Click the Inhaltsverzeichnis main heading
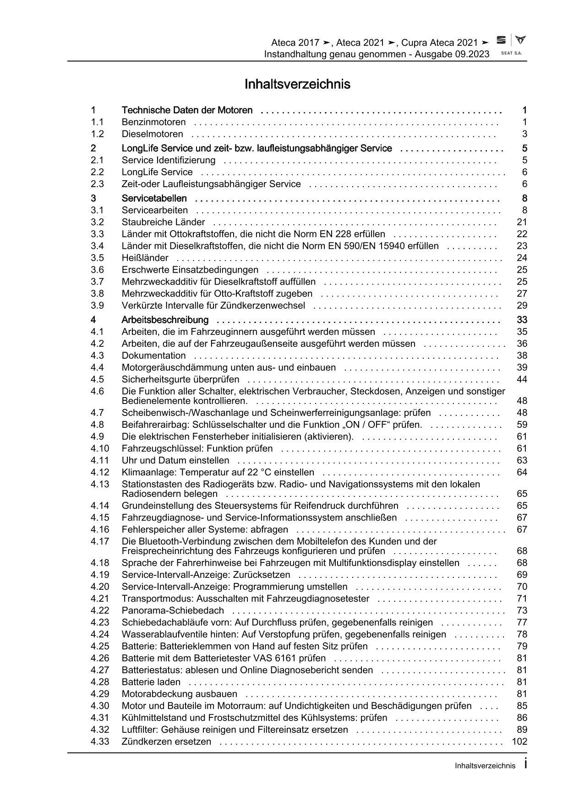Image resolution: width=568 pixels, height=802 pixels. pyautogui.click(x=297, y=85)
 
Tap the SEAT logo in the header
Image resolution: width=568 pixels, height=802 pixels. pyautogui.click(x=502, y=41)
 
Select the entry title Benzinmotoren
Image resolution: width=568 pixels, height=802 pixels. pyautogui.click(x=153, y=122)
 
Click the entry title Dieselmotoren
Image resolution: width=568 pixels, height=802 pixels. pyautogui.click(x=152, y=134)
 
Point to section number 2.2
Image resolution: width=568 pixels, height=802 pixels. pyautogui.click(x=97, y=172)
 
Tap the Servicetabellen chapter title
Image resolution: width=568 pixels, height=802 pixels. pyautogui.click(x=154, y=198)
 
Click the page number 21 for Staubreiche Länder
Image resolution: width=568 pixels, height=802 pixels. pyautogui.click(x=522, y=222)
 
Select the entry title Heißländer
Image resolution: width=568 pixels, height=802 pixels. pyautogui.click(x=145, y=258)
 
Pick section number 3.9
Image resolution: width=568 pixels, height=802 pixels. pyautogui.click(x=97, y=306)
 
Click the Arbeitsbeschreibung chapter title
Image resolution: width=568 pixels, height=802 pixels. pyautogui.click(x=165, y=320)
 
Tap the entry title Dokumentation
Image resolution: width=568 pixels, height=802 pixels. pyautogui.click(x=153, y=355)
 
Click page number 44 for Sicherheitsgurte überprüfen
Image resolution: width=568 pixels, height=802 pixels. pyautogui.click(x=522, y=379)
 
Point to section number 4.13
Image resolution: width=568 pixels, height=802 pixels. pyautogui.click(x=99, y=484)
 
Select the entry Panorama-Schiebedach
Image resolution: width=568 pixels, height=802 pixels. pyautogui.click(x=173, y=610)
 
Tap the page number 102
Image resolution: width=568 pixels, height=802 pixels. pyautogui.click(x=520, y=742)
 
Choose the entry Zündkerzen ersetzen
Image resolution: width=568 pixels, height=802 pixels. pyautogui.click(x=166, y=742)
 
